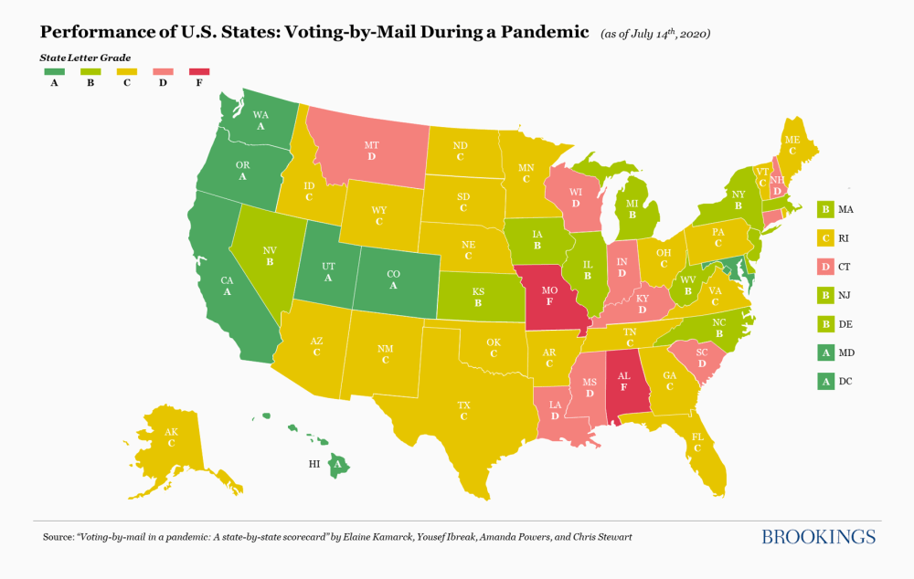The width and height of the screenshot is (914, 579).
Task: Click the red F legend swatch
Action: point(198,71)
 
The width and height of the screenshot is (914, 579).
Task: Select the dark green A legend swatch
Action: point(54,71)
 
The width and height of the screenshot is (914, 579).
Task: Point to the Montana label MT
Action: point(371,145)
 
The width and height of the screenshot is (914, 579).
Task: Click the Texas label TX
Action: point(464,405)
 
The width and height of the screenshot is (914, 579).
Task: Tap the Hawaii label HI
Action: point(314,464)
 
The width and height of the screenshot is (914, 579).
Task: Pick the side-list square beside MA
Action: point(826,209)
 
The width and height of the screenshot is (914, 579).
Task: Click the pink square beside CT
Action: point(826,267)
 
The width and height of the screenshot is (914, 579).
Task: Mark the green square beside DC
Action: point(826,381)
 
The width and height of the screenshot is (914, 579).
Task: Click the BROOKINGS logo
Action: point(818,536)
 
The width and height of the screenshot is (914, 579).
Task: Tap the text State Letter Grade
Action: point(85,57)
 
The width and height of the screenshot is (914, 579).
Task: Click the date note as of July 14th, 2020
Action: point(655,34)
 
